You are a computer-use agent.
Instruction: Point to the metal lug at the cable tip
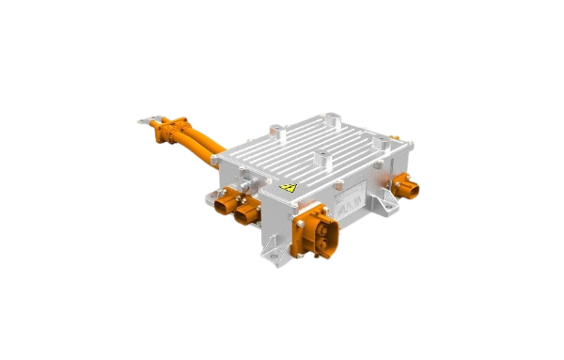[x=147, y=119]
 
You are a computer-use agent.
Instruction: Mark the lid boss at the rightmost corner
[x=383, y=144]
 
